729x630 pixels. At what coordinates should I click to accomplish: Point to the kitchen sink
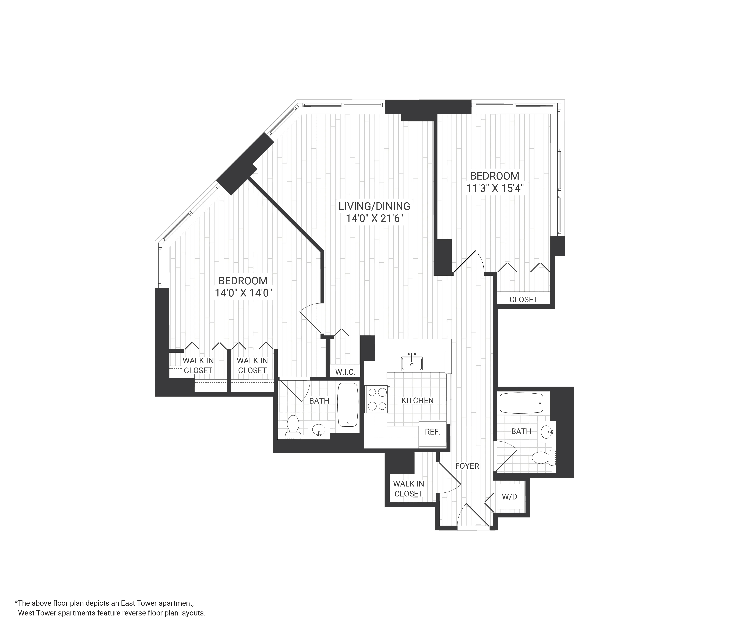point(412,363)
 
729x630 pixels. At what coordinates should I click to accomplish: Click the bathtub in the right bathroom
point(521,403)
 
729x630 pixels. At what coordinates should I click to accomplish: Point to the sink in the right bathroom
point(546,432)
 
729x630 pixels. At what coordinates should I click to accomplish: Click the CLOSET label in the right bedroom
point(524,300)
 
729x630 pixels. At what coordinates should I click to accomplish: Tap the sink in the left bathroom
point(319,430)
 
